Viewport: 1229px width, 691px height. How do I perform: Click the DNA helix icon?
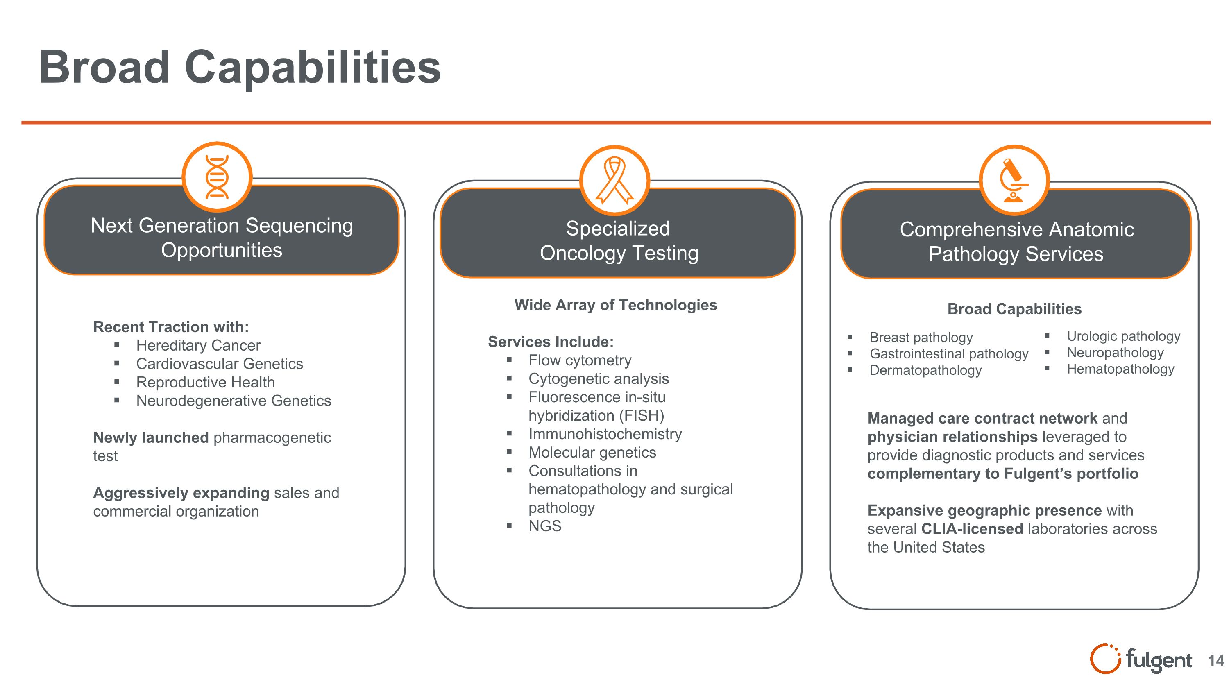217,177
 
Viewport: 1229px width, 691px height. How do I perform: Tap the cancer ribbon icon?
614,180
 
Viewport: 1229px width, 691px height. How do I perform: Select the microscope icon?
1014,180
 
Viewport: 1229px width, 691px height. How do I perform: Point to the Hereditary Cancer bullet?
198,345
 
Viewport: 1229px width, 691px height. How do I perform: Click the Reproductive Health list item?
205,382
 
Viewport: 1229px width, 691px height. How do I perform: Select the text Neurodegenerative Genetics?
233,401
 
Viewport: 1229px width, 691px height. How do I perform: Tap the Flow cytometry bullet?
580,360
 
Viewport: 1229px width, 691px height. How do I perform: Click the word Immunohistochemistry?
605,434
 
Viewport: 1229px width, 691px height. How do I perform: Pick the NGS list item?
545,526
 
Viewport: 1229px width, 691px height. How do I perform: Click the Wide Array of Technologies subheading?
615,305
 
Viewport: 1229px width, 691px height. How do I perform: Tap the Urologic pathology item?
1123,336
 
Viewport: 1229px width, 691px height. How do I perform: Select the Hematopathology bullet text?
1120,369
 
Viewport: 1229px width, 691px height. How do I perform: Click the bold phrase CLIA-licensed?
972,529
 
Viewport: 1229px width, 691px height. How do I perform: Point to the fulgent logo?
1141,659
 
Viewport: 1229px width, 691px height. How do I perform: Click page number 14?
1215,660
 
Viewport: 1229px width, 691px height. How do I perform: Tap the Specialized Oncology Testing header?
618,241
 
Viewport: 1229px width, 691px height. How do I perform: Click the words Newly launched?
151,437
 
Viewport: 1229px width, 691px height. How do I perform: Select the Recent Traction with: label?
171,327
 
